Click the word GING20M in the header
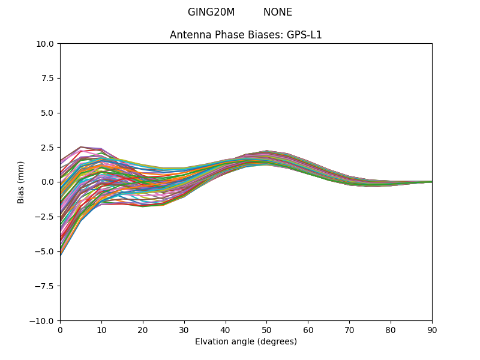pos(211,12)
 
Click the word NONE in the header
pos(278,12)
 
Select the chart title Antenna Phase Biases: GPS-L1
pos(246,35)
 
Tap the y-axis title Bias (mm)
pos(21,182)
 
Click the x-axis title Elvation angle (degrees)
pos(246,341)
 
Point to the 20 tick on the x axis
pos(143,329)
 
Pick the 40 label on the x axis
pos(226,329)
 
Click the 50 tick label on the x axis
pos(266,329)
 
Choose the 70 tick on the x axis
pos(349,329)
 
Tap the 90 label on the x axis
pos(432,329)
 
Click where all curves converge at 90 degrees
pos(431,182)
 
